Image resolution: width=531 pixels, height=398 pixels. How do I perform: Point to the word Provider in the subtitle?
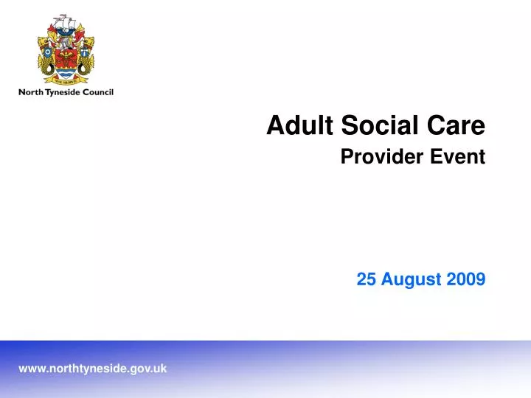coord(382,156)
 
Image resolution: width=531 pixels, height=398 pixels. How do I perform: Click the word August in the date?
coord(409,279)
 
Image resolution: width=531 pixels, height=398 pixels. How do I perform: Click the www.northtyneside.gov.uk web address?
coord(92,368)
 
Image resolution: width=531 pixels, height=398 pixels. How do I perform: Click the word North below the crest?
coord(31,93)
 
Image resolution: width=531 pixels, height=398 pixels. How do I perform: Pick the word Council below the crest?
coord(98,93)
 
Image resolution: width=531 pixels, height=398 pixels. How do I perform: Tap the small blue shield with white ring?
coord(48,52)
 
